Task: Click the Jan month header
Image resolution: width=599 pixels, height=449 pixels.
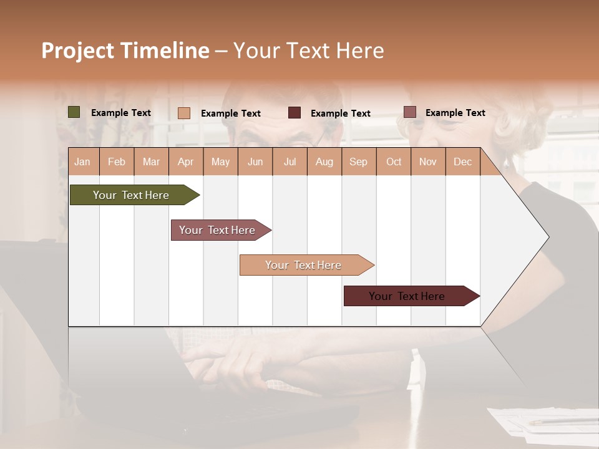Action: (x=83, y=162)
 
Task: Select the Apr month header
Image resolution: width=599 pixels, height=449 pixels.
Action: (x=186, y=162)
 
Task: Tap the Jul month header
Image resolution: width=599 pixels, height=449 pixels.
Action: (x=290, y=162)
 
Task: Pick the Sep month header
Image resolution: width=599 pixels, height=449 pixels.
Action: (x=358, y=162)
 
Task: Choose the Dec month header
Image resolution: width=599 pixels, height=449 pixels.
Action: (x=462, y=162)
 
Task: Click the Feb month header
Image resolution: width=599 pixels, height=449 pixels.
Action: (x=117, y=162)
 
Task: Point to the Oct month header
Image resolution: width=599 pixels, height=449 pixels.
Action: (x=394, y=162)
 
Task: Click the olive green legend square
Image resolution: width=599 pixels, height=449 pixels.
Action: (x=74, y=112)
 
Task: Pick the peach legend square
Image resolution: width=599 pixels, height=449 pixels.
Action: (x=184, y=113)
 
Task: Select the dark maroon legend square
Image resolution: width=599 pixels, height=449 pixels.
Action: (x=295, y=113)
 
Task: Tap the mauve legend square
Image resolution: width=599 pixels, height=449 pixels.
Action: (x=409, y=112)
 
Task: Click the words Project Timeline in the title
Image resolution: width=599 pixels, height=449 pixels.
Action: (x=125, y=51)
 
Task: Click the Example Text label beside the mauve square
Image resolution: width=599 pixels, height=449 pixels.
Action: (x=455, y=113)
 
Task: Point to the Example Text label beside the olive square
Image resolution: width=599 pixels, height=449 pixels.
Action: (x=121, y=113)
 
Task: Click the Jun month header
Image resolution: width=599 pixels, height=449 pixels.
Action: (x=255, y=162)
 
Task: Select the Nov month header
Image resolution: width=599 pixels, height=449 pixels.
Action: (x=428, y=162)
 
